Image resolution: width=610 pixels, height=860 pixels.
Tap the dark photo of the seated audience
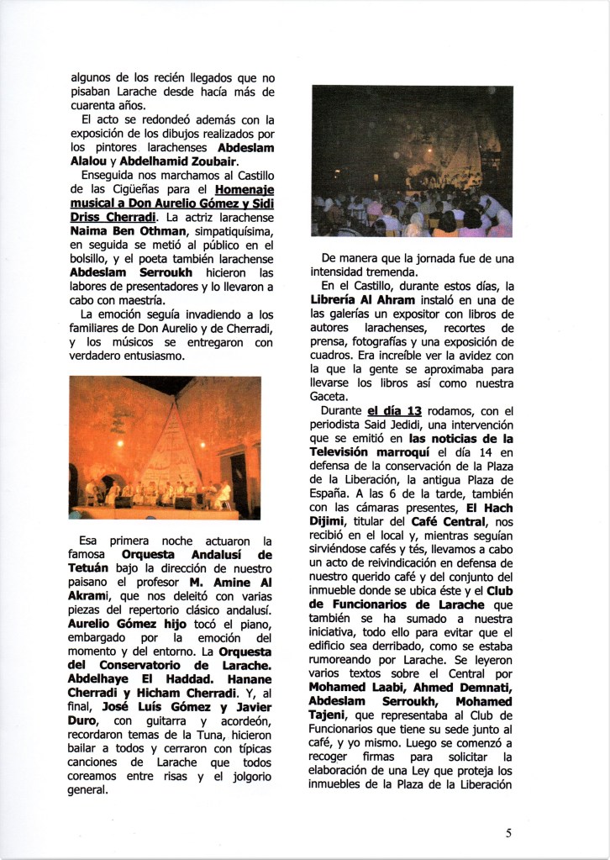pyautogui.click(x=412, y=161)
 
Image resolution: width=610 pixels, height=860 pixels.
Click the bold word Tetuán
pyautogui.click(x=95, y=568)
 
